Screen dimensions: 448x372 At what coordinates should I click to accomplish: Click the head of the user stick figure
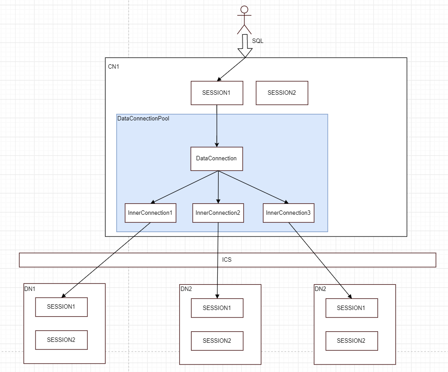click(x=244, y=9)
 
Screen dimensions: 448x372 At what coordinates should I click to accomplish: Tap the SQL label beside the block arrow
click(x=257, y=41)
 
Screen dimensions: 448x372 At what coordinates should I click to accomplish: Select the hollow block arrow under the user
click(x=245, y=46)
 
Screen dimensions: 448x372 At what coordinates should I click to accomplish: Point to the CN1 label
click(x=114, y=66)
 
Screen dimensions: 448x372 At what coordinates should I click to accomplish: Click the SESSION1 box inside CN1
click(x=217, y=93)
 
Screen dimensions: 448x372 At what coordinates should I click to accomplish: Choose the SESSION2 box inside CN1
click(x=282, y=93)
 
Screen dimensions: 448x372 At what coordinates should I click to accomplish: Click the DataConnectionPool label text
click(x=143, y=118)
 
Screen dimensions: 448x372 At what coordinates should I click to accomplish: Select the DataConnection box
click(x=216, y=159)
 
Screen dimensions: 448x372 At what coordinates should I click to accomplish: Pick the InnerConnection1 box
click(x=150, y=213)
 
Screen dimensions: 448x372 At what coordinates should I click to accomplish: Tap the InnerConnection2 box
click(x=218, y=213)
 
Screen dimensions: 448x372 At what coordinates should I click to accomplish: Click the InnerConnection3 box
click(x=289, y=213)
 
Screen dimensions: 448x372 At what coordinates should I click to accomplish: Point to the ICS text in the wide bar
click(x=227, y=260)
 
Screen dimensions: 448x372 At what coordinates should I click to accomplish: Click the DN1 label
click(x=30, y=289)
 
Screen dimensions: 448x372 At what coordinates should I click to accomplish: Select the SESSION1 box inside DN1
click(x=61, y=307)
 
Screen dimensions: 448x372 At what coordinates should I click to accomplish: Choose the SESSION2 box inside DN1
click(x=61, y=340)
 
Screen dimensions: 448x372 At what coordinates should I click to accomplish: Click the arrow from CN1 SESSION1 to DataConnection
click(x=216, y=126)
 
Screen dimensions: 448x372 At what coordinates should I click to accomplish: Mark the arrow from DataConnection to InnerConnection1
click(x=184, y=187)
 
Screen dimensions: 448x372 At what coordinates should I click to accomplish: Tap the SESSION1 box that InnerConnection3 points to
click(x=352, y=308)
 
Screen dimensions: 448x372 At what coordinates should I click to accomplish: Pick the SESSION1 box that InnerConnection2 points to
click(x=217, y=308)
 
